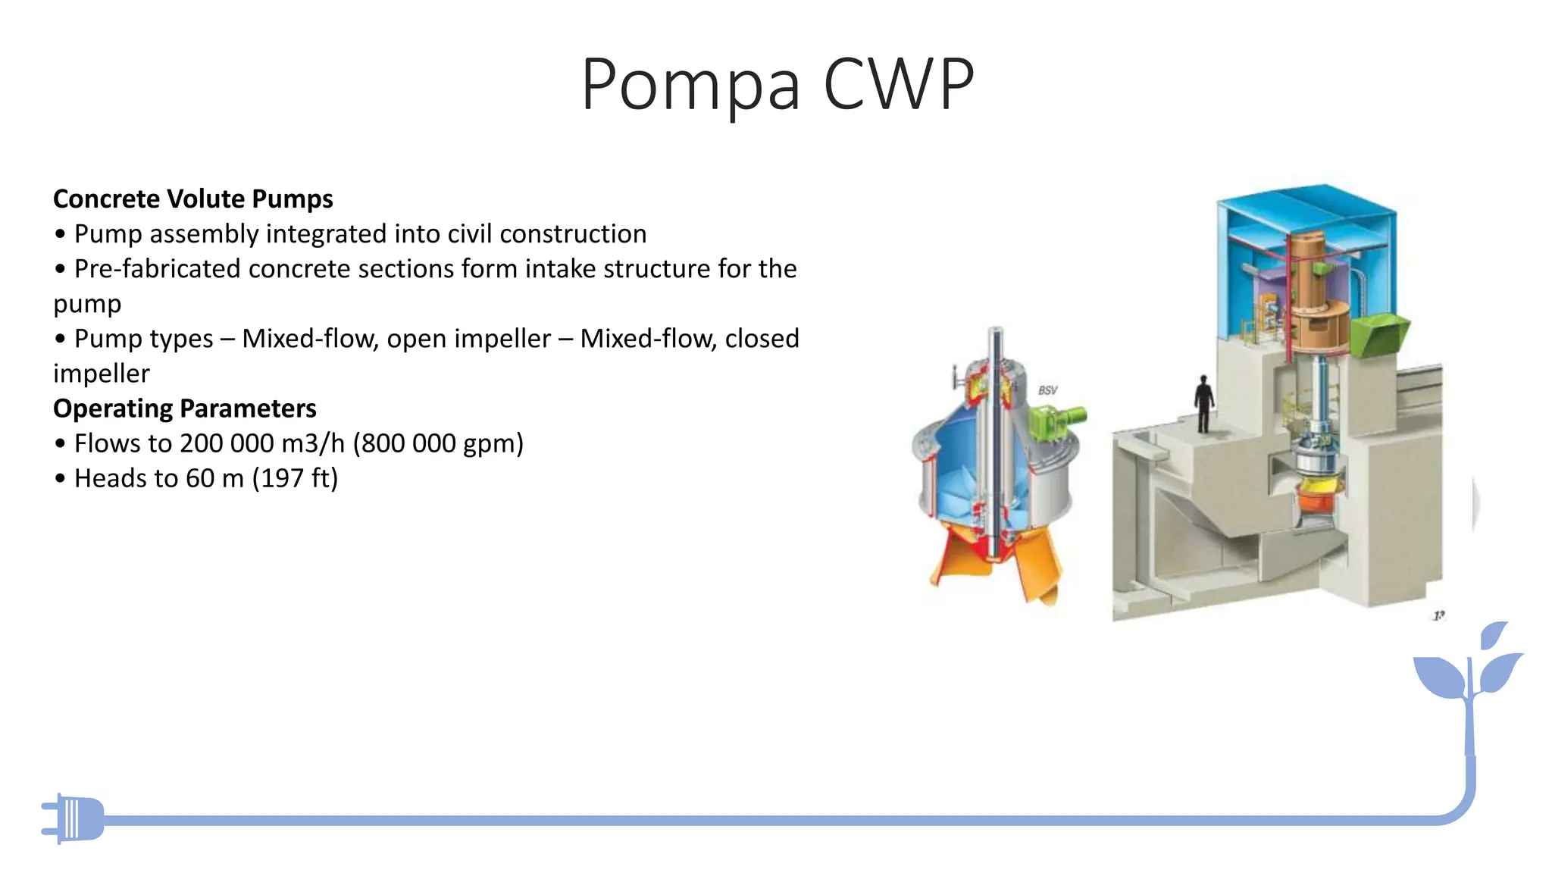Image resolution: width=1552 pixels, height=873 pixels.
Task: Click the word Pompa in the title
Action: (690, 85)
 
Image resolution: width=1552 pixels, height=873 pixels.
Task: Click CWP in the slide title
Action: (899, 85)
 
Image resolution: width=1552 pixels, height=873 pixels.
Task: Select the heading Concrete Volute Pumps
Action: (193, 199)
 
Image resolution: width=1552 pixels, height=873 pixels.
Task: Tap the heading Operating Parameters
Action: (185, 408)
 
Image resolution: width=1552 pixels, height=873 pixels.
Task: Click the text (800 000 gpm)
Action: (438, 443)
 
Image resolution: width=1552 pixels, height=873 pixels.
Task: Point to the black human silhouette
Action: (1203, 403)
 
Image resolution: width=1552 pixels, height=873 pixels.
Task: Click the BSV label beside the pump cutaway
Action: (1048, 390)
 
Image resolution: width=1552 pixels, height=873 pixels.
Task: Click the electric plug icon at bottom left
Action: (74, 818)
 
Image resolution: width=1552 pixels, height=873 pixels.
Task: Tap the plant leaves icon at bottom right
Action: (1470, 667)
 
